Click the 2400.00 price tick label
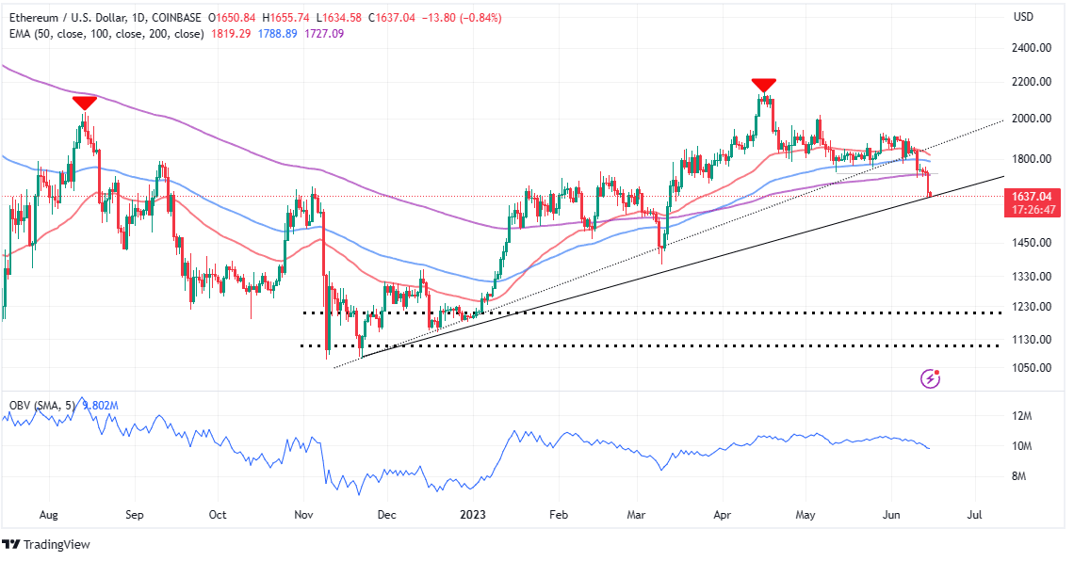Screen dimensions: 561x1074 pyautogui.click(x=1033, y=48)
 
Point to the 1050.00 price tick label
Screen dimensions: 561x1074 pyautogui.click(x=1033, y=367)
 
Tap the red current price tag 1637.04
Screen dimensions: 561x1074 pyautogui.click(x=1033, y=197)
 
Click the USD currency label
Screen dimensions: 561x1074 pyautogui.click(x=1024, y=17)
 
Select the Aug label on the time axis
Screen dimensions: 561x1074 pyautogui.click(x=50, y=516)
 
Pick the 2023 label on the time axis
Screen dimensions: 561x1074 pyautogui.click(x=472, y=516)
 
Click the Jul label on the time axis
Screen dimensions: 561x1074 pyautogui.click(x=974, y=516)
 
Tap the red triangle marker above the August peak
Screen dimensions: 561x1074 pyautogui.click(x=84, y=103)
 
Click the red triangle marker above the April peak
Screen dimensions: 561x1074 pyautogui.click(x=763, y=85)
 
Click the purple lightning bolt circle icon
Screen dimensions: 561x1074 pyautogui.click(x=931, y=378)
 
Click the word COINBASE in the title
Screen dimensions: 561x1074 pyautogui.click(x=206, y=17)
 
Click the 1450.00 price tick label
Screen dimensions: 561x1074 pyautogui.click(x=1033, y=243)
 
